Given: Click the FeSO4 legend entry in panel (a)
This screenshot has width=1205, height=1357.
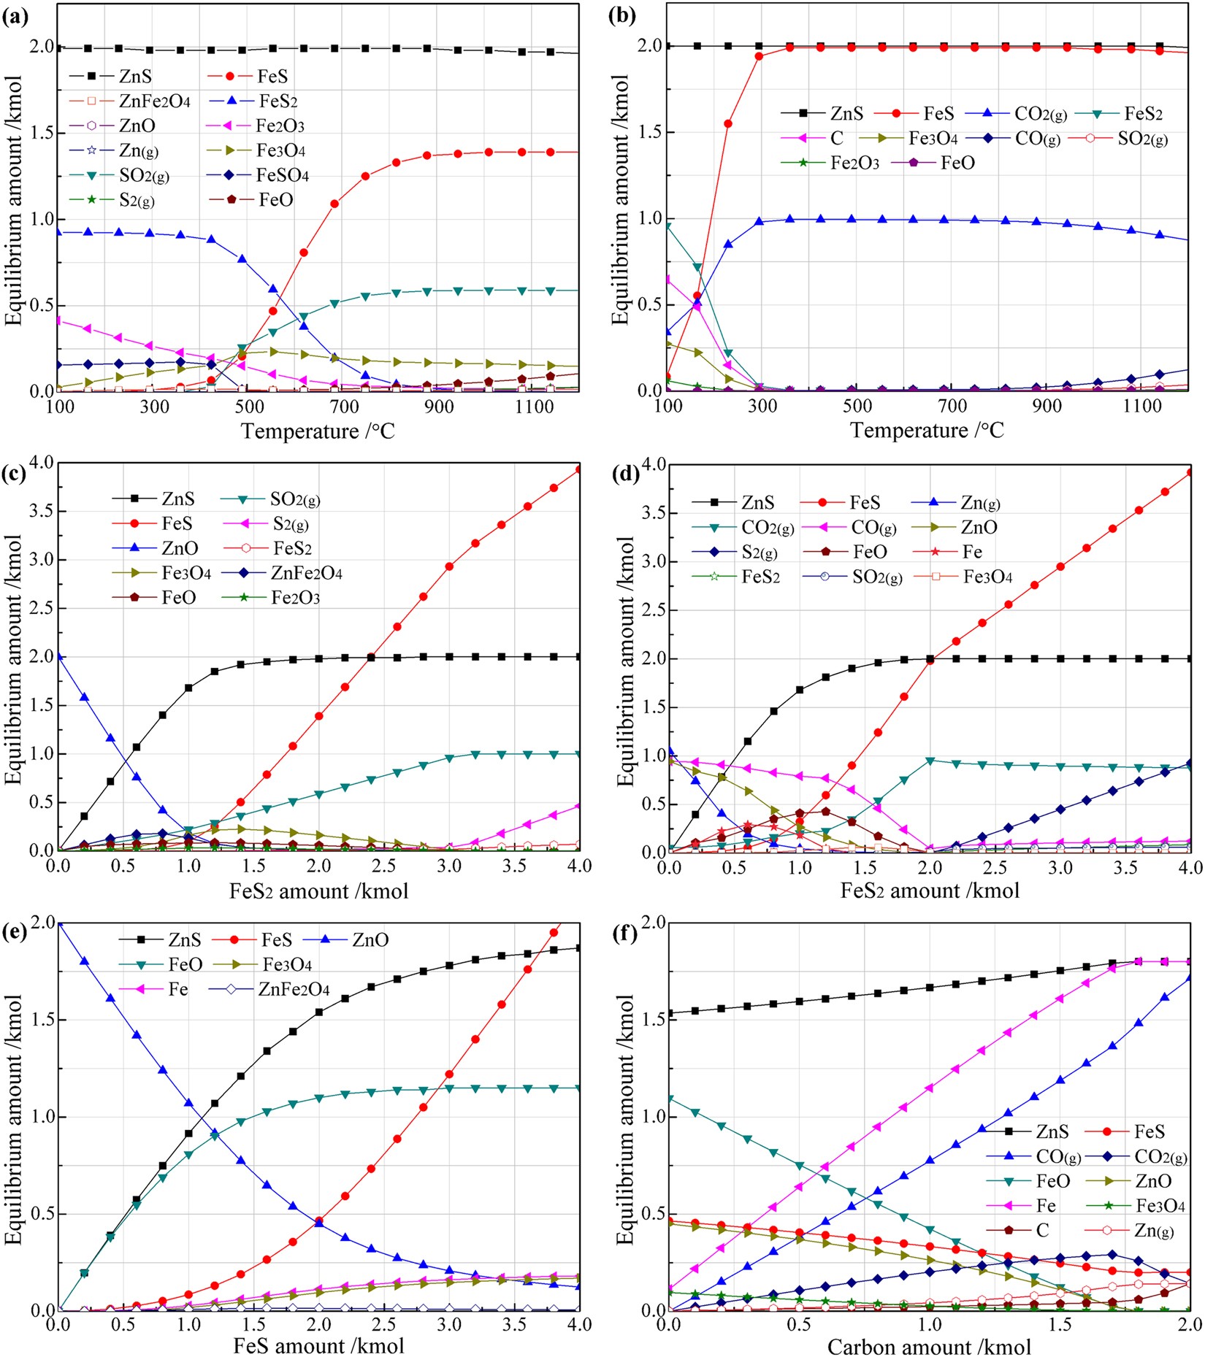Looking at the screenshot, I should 283,175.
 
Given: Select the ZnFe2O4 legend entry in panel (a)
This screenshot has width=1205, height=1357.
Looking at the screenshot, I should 154,101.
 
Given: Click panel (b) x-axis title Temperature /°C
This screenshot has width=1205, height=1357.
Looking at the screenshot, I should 927,430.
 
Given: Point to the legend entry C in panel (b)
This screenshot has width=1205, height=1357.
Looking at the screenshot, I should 837,138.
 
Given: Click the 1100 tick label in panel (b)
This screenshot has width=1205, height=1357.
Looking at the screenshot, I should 1141,406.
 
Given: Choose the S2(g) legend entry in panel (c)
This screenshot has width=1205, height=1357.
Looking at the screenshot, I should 291,523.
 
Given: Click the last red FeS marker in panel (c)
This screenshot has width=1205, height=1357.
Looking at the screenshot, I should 579,469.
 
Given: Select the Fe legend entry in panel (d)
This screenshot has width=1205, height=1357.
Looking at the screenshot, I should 972,552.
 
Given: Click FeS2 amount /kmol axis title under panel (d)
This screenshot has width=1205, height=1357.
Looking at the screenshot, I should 930,891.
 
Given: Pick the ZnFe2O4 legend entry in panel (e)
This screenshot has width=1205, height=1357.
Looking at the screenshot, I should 294,990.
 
